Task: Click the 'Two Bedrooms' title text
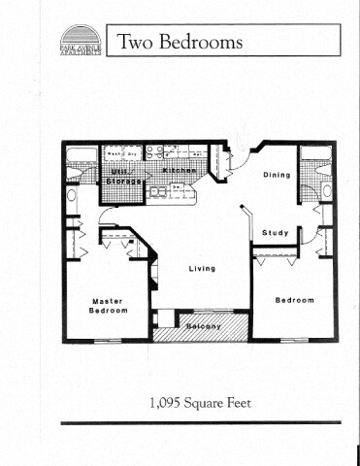[180, 43]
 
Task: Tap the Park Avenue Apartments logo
[80, 42]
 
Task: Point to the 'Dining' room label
[277, 176]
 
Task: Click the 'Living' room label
[202, 268]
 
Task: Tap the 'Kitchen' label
[180, 171]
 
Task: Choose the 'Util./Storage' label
[123, 176]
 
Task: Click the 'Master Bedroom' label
[108, 306]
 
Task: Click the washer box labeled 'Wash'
[114, 153]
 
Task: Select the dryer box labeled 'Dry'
[133, 153]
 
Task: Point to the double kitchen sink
[158, 191]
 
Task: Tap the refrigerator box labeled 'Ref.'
[198, 153]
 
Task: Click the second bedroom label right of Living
[294, 300]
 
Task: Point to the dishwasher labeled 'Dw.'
[177, 188]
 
